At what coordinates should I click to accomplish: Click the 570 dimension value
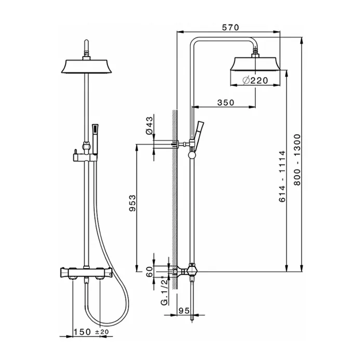pos(230,28)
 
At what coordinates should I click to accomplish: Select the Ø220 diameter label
pos(255,80)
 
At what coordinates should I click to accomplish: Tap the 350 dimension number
pos(226,102)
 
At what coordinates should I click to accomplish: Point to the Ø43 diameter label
pos(150,126)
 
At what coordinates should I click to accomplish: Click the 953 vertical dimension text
pos(132,203)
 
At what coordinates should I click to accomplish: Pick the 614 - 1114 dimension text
pos(282,176)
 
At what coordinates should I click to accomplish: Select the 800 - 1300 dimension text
pos(297,160)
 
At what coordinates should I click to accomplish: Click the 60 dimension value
pos(150,271)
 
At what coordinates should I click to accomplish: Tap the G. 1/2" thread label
pos(164,291)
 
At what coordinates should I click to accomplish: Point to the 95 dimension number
pos(184,310)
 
